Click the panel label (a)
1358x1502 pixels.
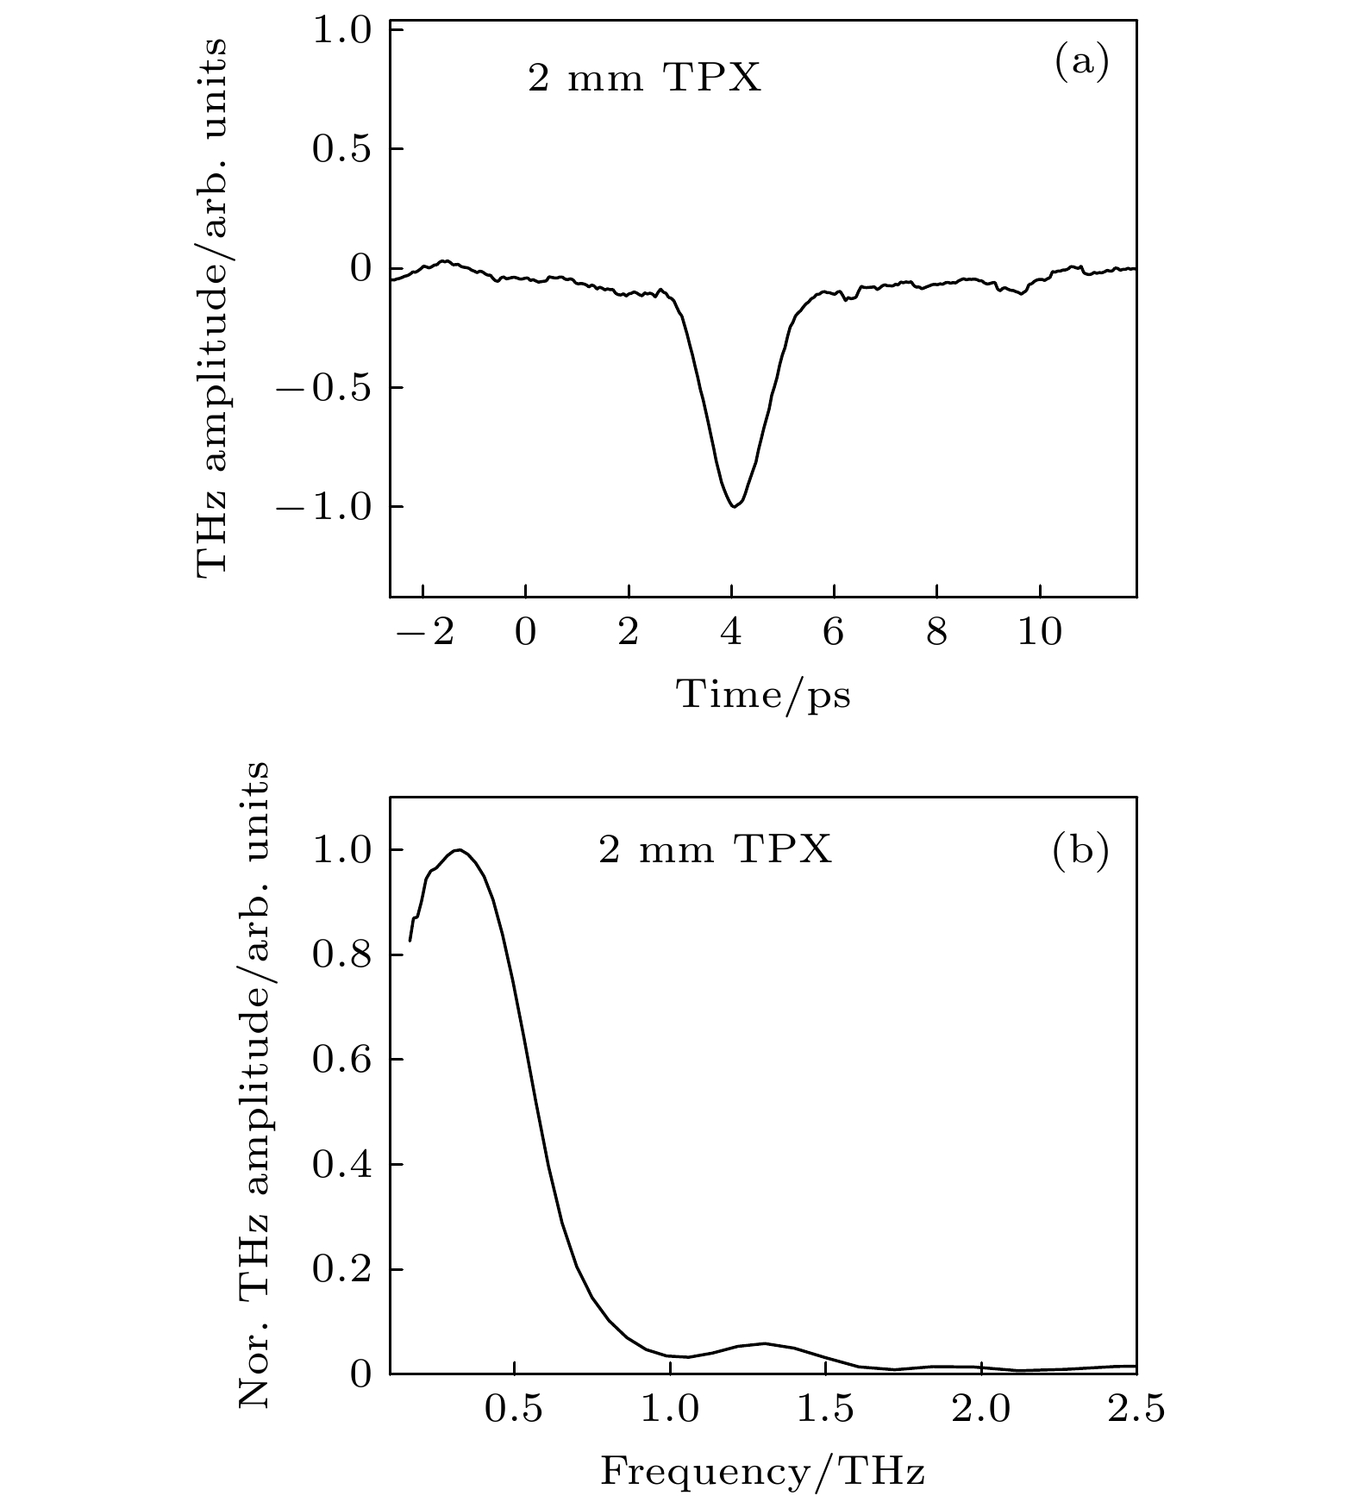pyautogui.click(x=1081, y=63)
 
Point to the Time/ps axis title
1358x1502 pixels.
pyautogui.click(x=763, y=694)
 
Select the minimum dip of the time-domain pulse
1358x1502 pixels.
pyautogui.click(x=733, y=506)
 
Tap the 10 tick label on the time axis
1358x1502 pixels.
pyautogui.click(x=1040, y=634)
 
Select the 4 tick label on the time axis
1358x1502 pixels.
pyautogui.click(x=731, y=634)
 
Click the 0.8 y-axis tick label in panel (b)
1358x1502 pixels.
pyautogui.click(x=341, y=955)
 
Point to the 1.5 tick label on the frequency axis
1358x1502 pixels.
pyautogui.click(x=825, y=1410)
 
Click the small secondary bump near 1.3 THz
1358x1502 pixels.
pyautogui.click(x=764, y=1342)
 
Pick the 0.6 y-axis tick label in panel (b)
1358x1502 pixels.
pyautogui.click(x=341, y=1061)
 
